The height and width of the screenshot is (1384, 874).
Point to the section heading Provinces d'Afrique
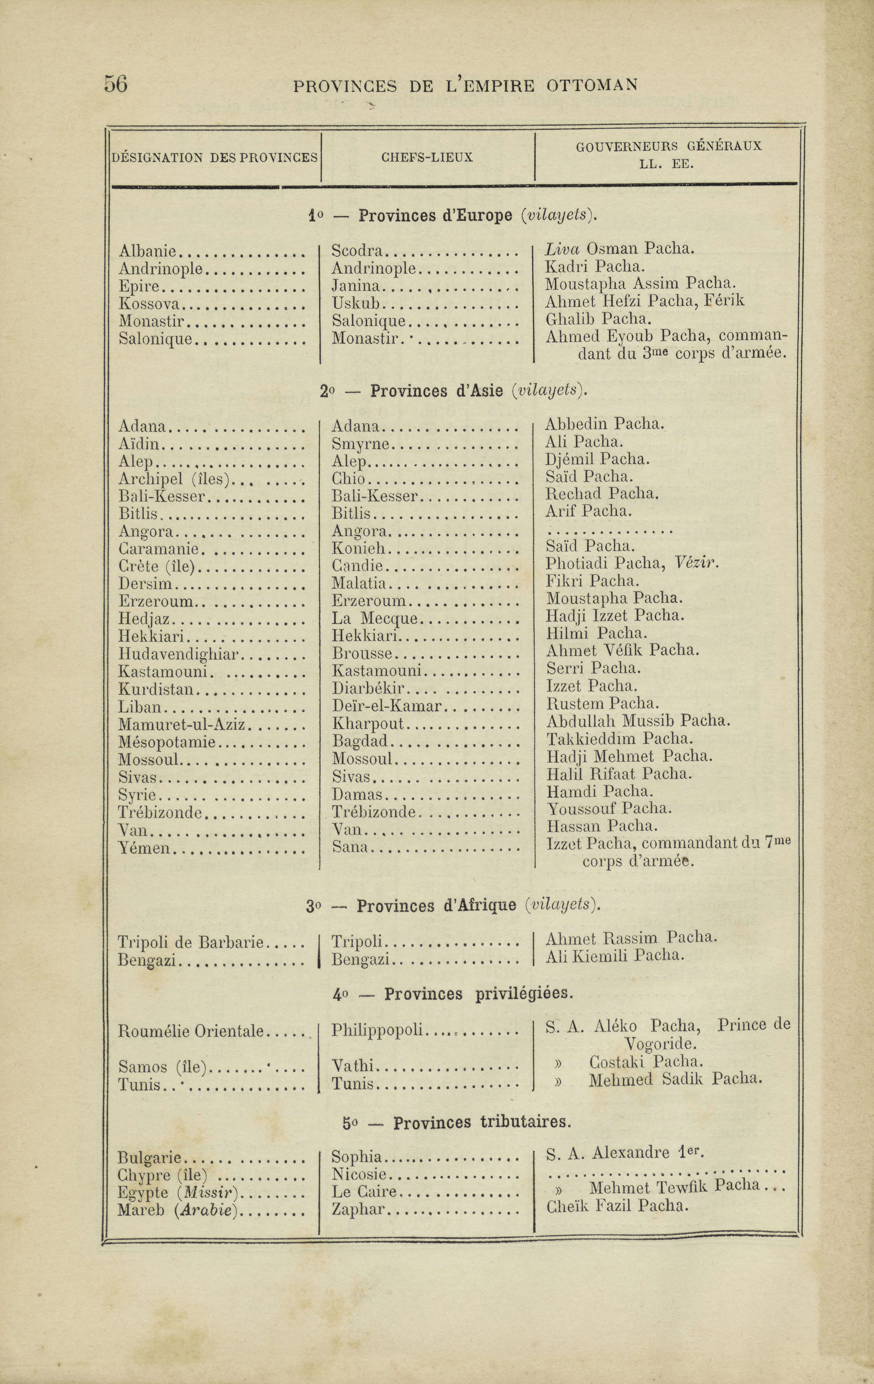(437, 906)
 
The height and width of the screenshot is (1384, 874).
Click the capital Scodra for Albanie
(357, 251)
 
